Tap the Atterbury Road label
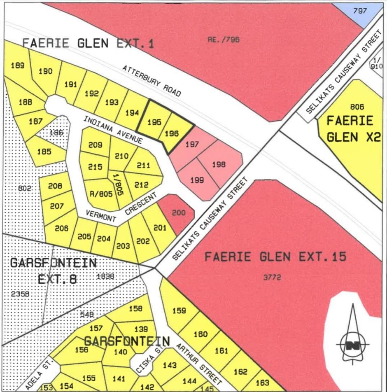coord(152,81)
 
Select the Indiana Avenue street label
coord(113,130)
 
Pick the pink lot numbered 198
coord(219,164)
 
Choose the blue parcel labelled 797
coord(359,11)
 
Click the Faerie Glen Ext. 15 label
coord(275,257)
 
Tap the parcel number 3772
coord(271,278)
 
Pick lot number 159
coord(179,311)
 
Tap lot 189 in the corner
coord(17,65)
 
